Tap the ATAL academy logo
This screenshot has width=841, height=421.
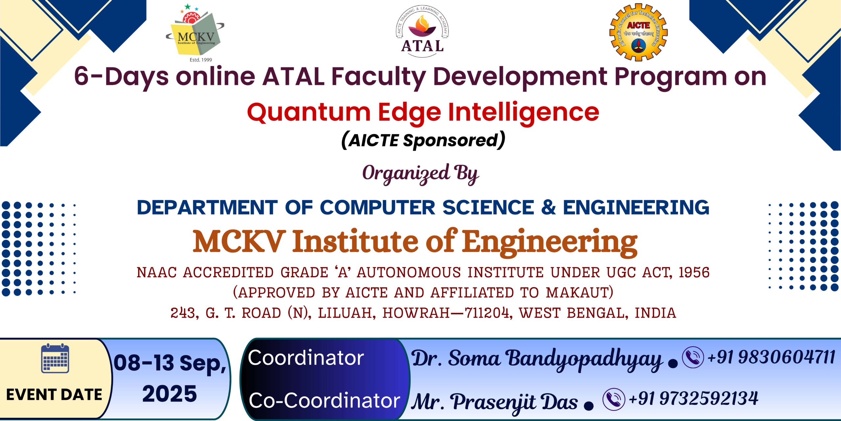[x=422, y=31]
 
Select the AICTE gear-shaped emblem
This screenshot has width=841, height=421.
[x=638, y=32]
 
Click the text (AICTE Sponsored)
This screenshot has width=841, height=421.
[x=423, y=140]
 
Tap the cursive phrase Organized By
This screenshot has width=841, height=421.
[x=420, y=174]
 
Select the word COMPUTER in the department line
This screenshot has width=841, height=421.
[x=377, y=208]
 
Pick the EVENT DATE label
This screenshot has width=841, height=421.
[x=54, y=395]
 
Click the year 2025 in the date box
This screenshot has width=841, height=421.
[x=170, y=394]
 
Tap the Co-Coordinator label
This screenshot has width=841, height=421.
[x=324, y=401]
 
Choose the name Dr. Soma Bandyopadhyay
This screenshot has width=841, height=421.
[x=537, y=359]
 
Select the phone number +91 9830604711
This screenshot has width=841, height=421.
[x=771, y=357]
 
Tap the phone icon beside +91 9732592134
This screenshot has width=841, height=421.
[x=614, y=399]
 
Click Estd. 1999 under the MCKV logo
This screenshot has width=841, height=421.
[x=201, y=60]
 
